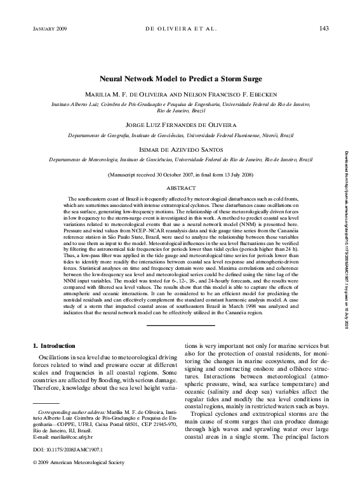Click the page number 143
[323, 29]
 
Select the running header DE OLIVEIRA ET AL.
[180, 29]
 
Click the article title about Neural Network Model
[180, 80]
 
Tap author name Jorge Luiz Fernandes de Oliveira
[180, 125]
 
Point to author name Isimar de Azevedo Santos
[180, 150]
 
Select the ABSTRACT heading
[180, 189]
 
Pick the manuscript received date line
[180, 173]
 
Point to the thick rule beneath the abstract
[180, 327]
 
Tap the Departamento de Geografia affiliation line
[180, 135]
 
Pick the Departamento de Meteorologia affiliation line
[180, 161]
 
